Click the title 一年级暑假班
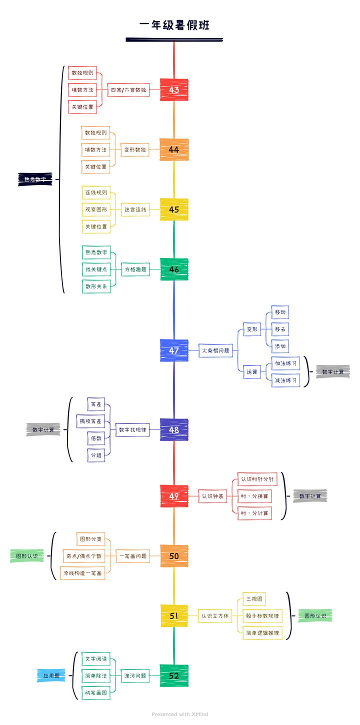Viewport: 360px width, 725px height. click(x=174, y=26)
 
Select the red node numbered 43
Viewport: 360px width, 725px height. click(x=174, y=90)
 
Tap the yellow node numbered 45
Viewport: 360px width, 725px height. click(x=174, y=209)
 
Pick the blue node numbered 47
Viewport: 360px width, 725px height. click(x=174, y=350)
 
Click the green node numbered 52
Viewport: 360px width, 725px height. click(x=174, y=675)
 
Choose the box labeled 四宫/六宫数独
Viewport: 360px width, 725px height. click(x=128, y=90)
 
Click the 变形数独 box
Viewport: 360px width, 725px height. click(x=135, y=149)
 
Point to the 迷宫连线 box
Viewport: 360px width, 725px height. click(x=135, y=209)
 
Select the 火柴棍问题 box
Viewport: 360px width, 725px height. click(x=215, y=350)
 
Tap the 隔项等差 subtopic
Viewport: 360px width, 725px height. click(x=90, y=421)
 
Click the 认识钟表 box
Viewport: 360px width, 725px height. click(x=212, y=496)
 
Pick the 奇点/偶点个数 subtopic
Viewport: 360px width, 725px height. click(x=83, y=556)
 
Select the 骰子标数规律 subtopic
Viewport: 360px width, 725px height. click(x=262, y=615)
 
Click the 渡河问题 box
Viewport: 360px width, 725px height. click(x=135, y=675)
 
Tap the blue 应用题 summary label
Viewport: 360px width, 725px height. click(x=51, y=675)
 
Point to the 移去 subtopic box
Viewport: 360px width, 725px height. click(x=280, y=329)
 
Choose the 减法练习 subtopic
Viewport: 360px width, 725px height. click(x=285, y=380)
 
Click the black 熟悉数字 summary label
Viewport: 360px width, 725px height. click(x=35, y=179)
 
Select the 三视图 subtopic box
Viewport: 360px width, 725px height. click(x=252, y=598)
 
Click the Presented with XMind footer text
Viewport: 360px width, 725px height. click(x=180, y=714)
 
